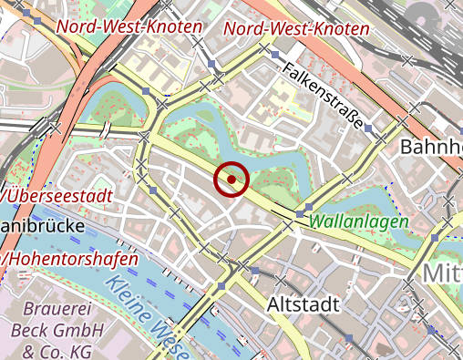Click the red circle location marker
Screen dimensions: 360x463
(x=231, y=180)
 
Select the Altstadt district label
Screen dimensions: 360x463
(x=305, y=303)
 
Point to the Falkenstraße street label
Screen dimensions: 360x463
(x=324, y=95)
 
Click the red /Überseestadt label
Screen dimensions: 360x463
(x=57, y=195)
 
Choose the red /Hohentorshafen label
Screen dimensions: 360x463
(x=70, y=259)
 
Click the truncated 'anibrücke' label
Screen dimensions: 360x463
(x=43, y=224)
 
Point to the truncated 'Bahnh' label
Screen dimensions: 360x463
(x=431, y=147)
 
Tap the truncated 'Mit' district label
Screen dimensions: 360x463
(x=442, y=273)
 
